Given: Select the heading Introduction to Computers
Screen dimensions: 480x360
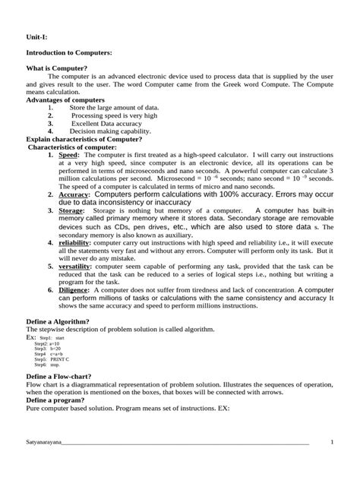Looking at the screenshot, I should (69, 52).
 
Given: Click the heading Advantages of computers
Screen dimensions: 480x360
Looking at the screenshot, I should (65, 99).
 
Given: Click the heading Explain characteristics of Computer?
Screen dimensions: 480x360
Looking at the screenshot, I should (84, 139).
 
